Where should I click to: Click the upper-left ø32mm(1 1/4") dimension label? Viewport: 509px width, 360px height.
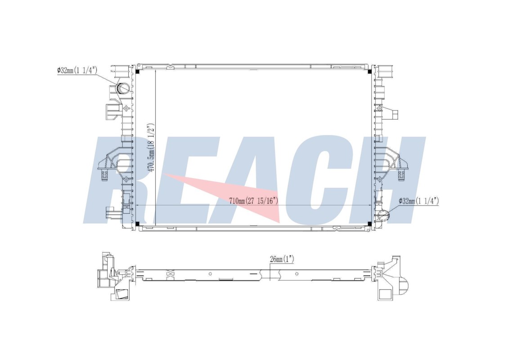[77, 70]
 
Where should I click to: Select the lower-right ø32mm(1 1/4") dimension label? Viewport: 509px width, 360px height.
[419, 201]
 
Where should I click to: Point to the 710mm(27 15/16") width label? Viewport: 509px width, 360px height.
[254, 201]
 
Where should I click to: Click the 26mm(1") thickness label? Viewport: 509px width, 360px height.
[282, 259]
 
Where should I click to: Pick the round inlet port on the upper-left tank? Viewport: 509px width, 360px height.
[123, 88]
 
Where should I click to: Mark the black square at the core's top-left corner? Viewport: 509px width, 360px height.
[138, 72]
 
